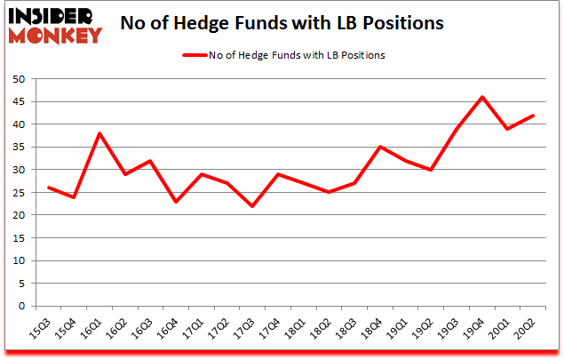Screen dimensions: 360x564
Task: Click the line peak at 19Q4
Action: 481,97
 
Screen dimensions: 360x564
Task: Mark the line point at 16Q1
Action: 99,133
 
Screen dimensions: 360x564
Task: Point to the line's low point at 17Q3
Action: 252,206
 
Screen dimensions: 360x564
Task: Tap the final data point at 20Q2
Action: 532,116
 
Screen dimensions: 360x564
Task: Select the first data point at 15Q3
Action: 48,188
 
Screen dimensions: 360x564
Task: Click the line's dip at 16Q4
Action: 176,202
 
